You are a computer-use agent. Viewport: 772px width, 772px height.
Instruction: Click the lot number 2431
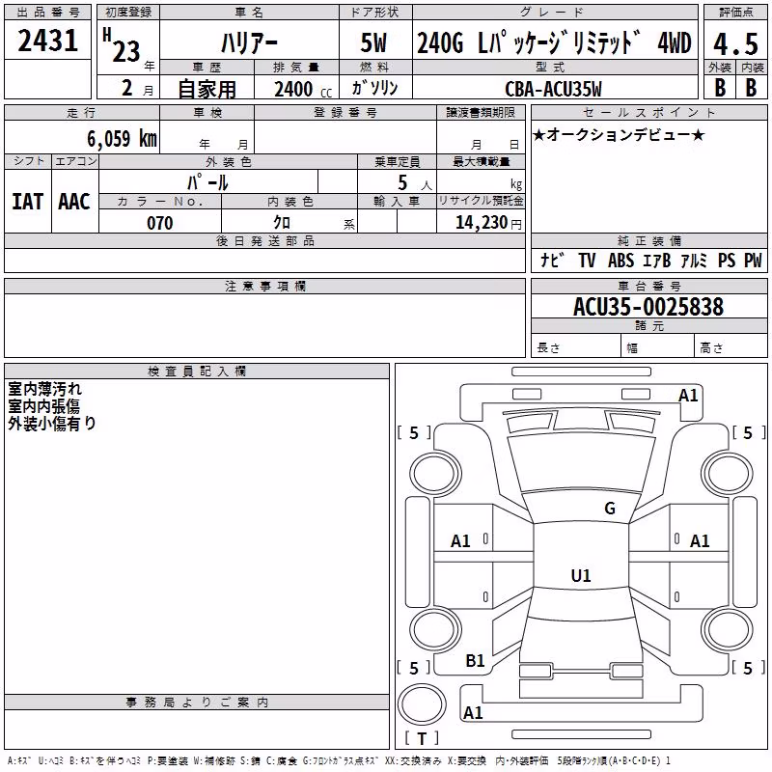coord(47,41)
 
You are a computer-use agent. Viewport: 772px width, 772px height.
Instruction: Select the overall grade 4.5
coord(735,43)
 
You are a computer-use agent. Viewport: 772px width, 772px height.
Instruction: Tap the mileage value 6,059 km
coord(123,139)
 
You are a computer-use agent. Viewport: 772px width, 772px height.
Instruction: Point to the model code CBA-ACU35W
coord(553,89)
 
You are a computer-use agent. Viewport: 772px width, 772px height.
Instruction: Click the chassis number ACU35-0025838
coord(648,307)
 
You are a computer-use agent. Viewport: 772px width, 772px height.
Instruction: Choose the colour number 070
coord(160,223)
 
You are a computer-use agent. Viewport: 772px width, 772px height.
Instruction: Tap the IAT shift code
coord(28,202)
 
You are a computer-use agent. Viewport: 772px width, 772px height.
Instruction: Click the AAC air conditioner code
coord(74,202)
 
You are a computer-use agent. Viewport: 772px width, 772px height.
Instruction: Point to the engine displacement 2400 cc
coord(303,89)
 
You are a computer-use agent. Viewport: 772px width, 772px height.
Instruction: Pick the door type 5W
coord(373,42)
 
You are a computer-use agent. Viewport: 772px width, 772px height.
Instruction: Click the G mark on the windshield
coord(610,509)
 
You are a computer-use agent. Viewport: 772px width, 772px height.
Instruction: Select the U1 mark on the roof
coord(581,575)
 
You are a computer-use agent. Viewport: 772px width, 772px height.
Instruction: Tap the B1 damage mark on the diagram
coord(475,661)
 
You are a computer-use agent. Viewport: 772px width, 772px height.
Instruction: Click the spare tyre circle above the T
coord(422,704)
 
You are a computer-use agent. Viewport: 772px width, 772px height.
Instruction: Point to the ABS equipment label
coord(620,261)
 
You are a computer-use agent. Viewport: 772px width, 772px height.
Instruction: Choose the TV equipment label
coord(587,261)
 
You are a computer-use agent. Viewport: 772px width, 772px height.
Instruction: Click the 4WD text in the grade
coord(675,42)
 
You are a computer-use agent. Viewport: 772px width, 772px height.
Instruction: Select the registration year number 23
coord(126,52)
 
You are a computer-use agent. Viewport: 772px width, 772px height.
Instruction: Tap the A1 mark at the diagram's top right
coord(688,396)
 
